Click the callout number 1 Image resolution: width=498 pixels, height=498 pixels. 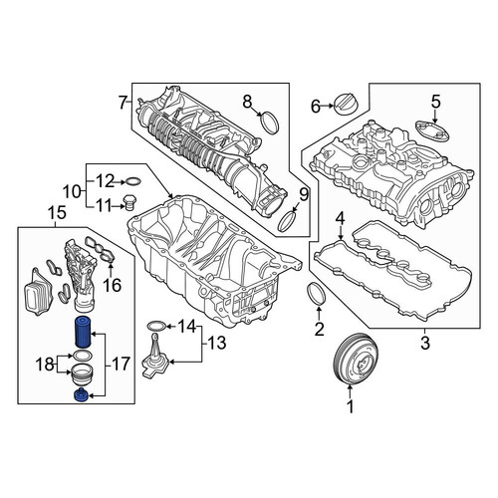point(351,406)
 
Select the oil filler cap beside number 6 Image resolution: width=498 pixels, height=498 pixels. point(347,105)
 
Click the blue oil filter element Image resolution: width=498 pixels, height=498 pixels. point(82,332)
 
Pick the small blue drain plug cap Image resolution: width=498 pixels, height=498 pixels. point(81,394)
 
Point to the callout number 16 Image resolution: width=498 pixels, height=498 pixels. point(113,285)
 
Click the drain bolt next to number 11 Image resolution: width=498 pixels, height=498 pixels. point(129,203)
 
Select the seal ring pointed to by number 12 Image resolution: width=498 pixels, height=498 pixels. point(132,182)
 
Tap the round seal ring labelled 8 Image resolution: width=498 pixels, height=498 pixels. point(270,124)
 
